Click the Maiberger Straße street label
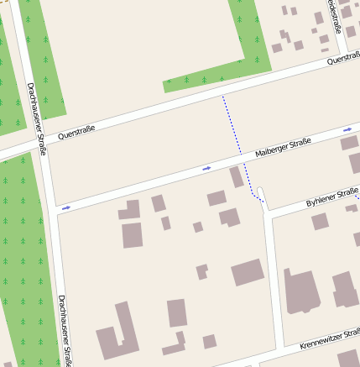point(283,148)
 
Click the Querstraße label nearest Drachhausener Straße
point(76,132)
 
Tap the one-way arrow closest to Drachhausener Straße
point(65,207)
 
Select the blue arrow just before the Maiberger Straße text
point(206,169)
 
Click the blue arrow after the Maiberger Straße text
point(347,130)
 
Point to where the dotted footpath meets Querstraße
point(222,96)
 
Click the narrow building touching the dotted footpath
point(237,177)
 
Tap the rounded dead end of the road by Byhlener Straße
point(260,191)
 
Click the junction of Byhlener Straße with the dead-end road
point(267,209)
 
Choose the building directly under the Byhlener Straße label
point(320,222)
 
